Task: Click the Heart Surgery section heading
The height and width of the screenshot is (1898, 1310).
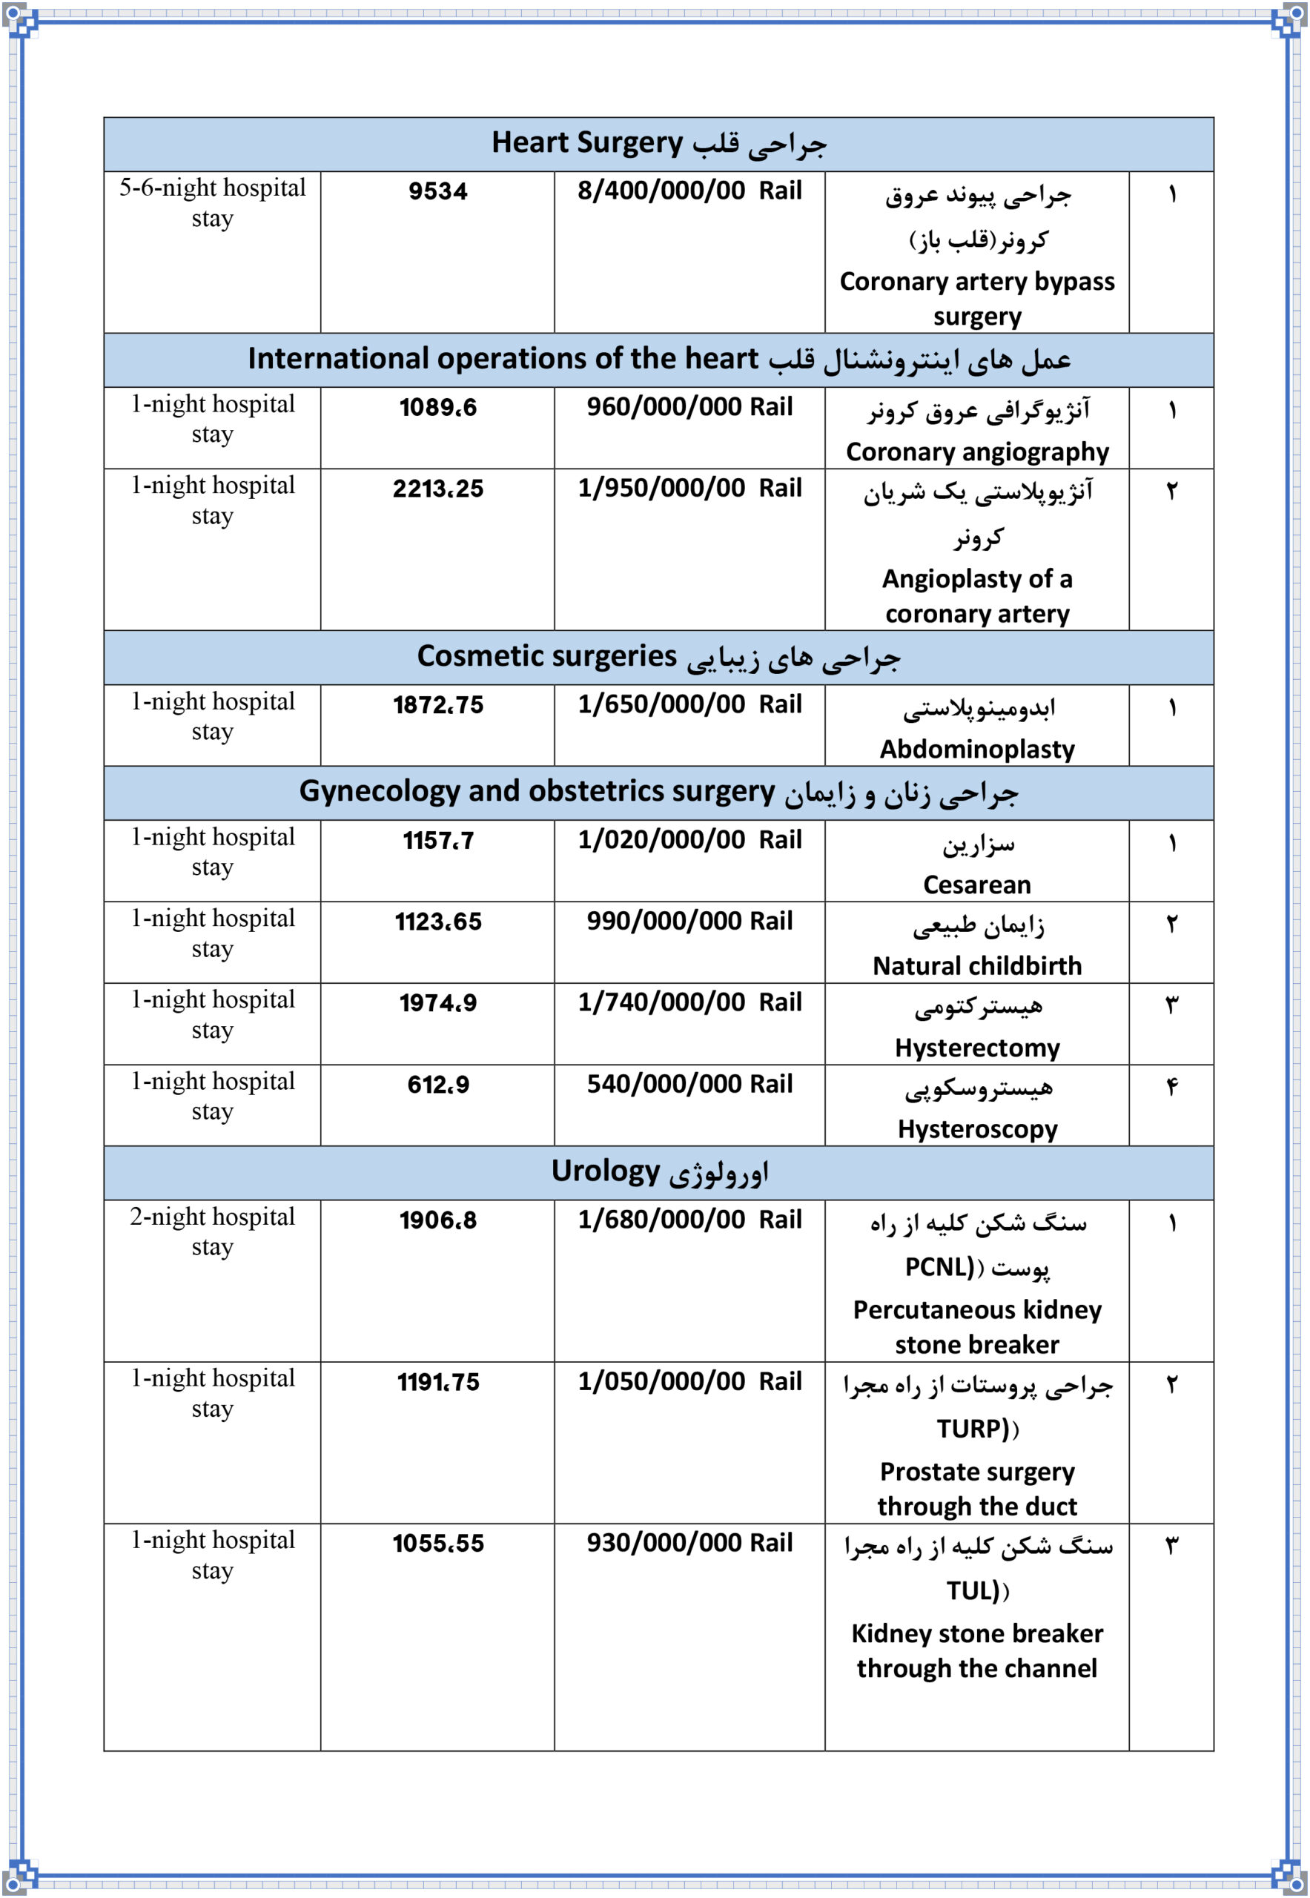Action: (658, 144)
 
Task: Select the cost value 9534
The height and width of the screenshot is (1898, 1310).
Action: (437, 191)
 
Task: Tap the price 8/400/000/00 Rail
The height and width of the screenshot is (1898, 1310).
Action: (689, 191)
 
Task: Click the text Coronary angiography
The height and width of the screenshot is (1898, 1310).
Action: (977, 452)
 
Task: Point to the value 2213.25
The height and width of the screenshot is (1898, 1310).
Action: (437, 489)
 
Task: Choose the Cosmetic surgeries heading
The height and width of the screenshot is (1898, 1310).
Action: (658, 657)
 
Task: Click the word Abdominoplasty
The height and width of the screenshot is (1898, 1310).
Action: (977, 749)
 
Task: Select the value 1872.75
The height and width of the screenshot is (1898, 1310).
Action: (437, 704)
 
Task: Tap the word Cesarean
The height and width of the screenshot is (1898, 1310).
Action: (977, 884)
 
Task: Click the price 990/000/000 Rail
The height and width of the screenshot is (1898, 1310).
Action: (689, 921)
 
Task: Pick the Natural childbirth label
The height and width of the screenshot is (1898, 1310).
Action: (977, 965)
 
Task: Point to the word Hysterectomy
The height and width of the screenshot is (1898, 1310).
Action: (977, 1048)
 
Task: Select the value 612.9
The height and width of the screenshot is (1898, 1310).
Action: (437, 1085)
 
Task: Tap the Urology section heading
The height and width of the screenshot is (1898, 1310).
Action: (658, 1171)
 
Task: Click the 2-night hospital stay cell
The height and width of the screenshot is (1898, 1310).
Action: (212, 1231)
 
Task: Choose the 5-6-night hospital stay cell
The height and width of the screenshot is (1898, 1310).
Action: (212, 202)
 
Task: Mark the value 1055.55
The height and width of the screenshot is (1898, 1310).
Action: (437, 1544)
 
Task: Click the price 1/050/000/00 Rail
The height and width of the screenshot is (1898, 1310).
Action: (689, 1382)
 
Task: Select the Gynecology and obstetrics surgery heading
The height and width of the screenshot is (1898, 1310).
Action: (658, 793)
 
